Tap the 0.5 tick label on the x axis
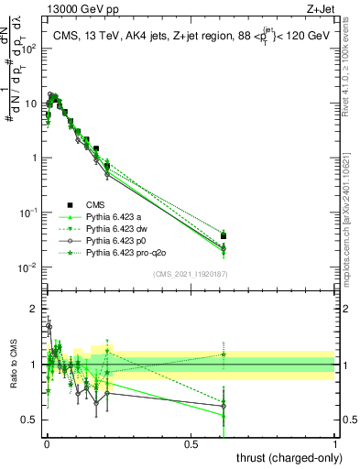point(191,443)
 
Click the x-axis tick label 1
point(336,443)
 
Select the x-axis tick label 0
point(47,443)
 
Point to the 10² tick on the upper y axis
point(27,49)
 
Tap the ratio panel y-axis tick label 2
point(34,309)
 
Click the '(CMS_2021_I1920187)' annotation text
point(190,274)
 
